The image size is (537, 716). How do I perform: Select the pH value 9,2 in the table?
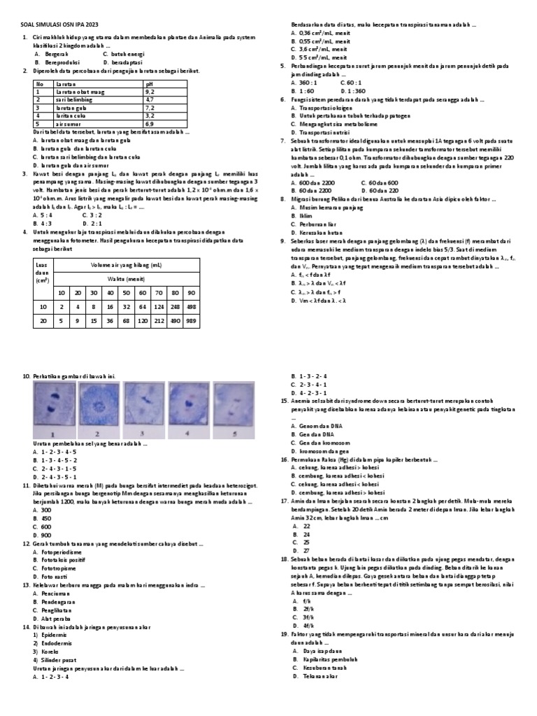coord(150,92)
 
